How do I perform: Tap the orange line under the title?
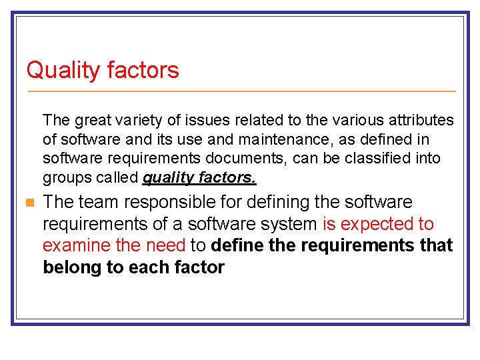pos(240,91)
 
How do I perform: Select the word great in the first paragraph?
pos(93,121)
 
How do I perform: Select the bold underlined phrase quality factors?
pos(199,178)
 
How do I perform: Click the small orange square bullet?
pos(27,203)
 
